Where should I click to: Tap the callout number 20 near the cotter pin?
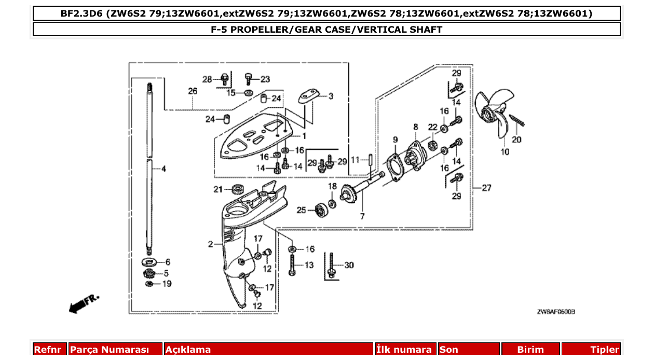point(516,139)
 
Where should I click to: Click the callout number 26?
point(193,91)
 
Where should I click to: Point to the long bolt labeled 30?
point(331,265)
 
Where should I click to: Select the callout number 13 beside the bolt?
point(308,265)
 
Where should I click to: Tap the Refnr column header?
point(48,350)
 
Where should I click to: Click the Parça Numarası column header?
point(110,350)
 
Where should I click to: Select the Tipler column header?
point(605,350)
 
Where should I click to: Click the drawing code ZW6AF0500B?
point(556,312)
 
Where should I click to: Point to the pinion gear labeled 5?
point(149,273)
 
